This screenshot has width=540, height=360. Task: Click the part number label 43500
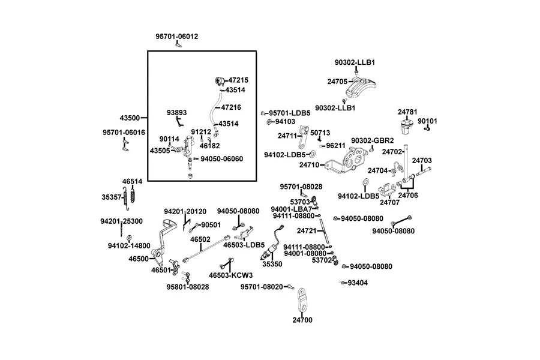coord(130,118)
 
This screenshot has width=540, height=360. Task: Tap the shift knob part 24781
coord(406,127)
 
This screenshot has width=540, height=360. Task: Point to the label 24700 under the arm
coord(302,320)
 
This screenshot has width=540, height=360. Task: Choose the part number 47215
coord(238,80)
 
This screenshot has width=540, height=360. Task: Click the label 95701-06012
coord(176,36)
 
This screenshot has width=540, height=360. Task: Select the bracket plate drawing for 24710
coord(347,160)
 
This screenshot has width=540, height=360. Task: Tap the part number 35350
coord(272,264)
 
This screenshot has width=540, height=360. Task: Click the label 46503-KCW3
coord(231,275)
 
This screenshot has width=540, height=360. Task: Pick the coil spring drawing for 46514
coord(133,194)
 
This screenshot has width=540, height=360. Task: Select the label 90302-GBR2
coord(372,140)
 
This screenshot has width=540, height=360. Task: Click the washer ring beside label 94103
coord(269,122)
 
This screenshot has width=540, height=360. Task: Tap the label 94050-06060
coord(222,159)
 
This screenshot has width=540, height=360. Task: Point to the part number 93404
coord(358,283)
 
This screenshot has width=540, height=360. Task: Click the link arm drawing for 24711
coord(302,137)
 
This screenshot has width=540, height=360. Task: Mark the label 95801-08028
coord(188,287)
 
